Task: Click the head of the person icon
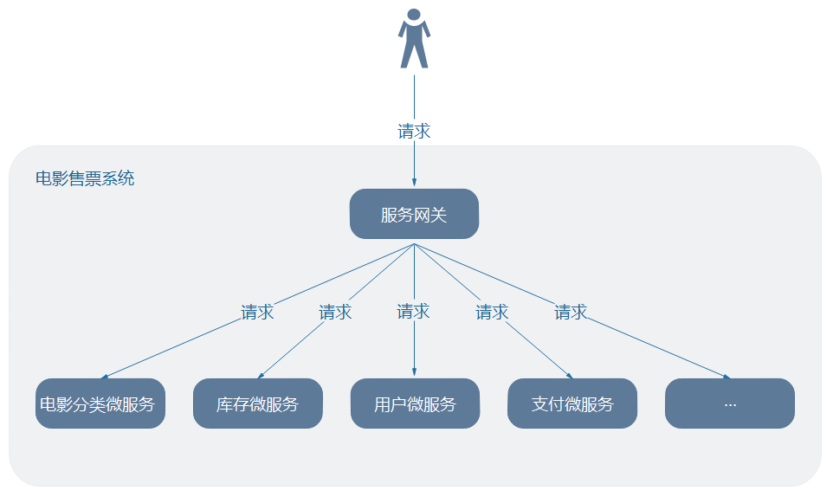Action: point(414,15)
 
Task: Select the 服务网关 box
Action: point(414,214)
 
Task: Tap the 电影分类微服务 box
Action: point(100,403)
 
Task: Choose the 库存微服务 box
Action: point(257,403)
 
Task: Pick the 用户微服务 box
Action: point(415,403)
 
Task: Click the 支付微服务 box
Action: point(572,403)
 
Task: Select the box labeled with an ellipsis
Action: point(729,403)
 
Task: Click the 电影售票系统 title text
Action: point(85,179)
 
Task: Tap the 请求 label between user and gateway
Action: point(414,132)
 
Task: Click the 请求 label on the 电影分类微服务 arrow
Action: point(257,313)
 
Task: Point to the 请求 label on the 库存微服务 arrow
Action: point(335,313)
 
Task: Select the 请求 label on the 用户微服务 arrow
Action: point(413,312)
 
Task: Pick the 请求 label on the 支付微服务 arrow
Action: point(492,313)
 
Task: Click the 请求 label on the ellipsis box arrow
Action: point(571,313)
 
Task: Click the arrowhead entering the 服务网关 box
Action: point(414,183)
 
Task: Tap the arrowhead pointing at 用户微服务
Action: point(414,373)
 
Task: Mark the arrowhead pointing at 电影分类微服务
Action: point(105,376)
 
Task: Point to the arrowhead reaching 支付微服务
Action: point(569,375)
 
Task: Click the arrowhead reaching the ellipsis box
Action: point(726,377)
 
